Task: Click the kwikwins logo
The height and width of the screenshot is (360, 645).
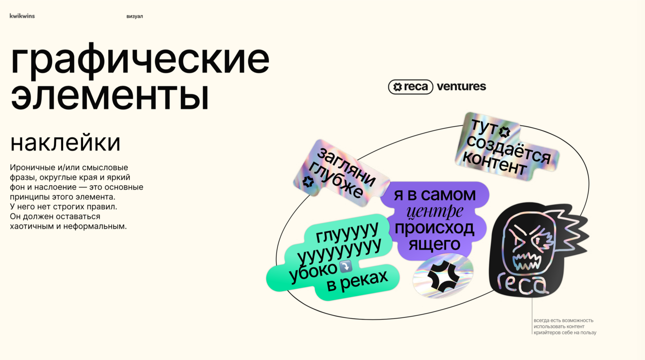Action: click(x=22, y=16)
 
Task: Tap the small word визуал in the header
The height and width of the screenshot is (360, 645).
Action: click(x=134, y=16)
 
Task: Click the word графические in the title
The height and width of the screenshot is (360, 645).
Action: click(x=140, y=59)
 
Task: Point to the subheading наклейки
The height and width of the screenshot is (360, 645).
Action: click(x=65, y=143)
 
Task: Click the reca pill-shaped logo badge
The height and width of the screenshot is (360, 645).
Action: click(x=410, y=87)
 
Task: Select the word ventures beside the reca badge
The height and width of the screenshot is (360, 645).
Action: click(x=461, y=86)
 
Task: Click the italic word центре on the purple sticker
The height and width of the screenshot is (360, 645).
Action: click(x=435, y=211)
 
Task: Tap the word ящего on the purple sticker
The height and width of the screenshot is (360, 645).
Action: click(x=434, y=244)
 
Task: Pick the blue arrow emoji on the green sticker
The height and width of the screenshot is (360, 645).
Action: click(x=346, y=266)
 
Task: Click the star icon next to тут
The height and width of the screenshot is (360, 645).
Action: click(x=504, y=132)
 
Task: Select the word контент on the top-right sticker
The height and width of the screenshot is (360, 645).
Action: click(x=495, y=164)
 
